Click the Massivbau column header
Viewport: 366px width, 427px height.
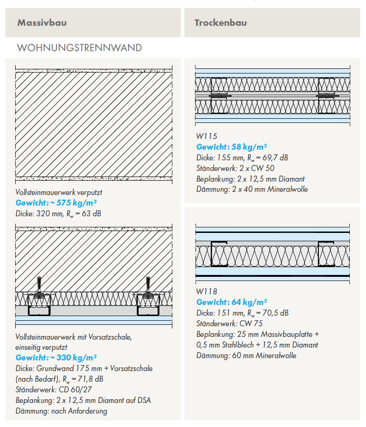coord(42,23)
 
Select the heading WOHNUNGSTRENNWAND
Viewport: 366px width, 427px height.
coord(79,48)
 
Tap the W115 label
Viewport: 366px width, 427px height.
coord(207,136)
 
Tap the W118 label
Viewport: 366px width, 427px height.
coord(207,292)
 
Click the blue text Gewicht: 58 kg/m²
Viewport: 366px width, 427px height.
coord(232,147)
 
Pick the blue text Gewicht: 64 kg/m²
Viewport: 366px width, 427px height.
coord(232,302)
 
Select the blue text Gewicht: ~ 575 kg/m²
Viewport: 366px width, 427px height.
coord(56,203)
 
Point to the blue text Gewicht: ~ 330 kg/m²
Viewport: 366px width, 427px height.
coord(56,358)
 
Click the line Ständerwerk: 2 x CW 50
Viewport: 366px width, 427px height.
coord(235,168)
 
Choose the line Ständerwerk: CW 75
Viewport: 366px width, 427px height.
coord(230,323)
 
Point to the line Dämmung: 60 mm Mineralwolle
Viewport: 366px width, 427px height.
coord(246,355)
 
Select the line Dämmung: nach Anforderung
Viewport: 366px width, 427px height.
coord(61,411)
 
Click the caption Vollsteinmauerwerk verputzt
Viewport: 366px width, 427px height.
coord(59,192)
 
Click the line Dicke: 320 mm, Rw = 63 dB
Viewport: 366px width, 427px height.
coord(58,213)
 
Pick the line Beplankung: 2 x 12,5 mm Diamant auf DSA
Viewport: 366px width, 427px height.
coord(83,400)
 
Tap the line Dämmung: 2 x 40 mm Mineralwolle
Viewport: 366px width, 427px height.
coord(252,189)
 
